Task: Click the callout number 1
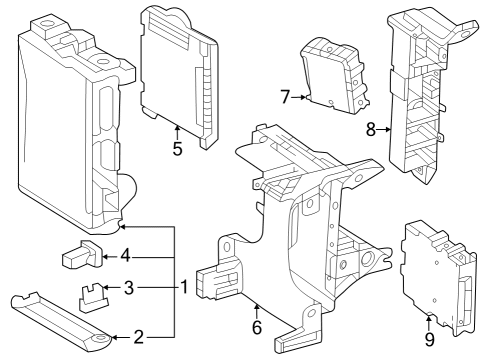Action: coord(183,288)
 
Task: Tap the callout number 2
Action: coord(139,337)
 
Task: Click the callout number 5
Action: coord(177,149)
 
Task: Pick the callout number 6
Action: coord(256,325)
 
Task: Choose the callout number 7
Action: coord(285,97)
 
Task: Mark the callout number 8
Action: coord(370,129)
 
